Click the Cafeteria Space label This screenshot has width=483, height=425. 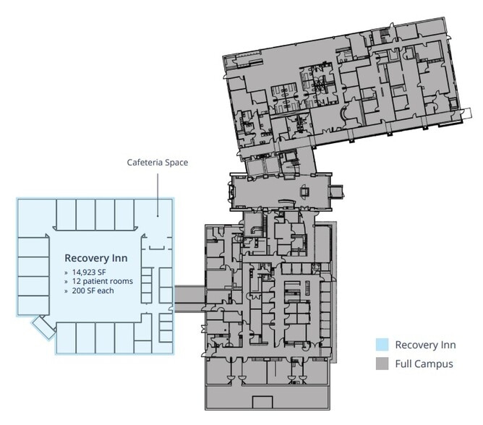(x=158, y=163)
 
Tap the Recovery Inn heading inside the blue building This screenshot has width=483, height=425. (x=95, y=258)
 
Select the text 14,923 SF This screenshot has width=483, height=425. (x=89, y=272)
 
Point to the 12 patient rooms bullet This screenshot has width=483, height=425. (x=102, y=281)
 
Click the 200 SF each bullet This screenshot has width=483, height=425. (x=93, y=291)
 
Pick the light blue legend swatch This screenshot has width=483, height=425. (x=382, y=345)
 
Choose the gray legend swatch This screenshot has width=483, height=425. (x=382, y=364)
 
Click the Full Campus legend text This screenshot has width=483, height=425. (x=424, y=364)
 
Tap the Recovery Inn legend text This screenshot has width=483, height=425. (x=425, y=345)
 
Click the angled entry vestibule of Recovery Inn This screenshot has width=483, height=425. (x=43, y=327)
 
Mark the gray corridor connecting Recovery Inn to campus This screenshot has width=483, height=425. (x=189, y=299)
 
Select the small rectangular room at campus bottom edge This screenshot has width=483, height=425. (x=262, y=402)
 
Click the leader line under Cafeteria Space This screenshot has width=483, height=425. (x=158, y=194)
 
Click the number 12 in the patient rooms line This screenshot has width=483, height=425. (x=77, y=281)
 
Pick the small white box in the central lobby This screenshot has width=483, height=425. (x=304, y=192)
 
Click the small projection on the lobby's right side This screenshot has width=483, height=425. (x=337, y=191)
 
